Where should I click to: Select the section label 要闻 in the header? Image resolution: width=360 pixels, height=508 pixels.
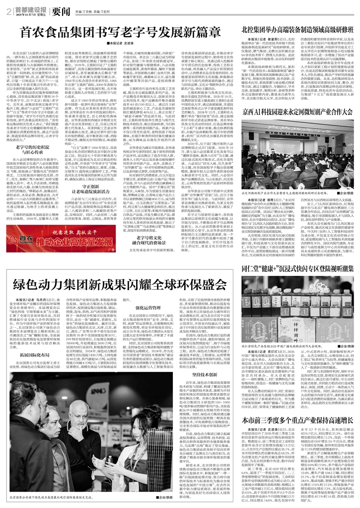(x=64, y=9)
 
